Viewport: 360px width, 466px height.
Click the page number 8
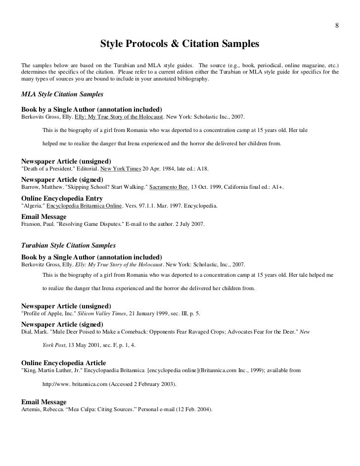pyautogui.click(x=337, y=26)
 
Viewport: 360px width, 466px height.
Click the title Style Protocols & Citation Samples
pyautogui.click(x=180, y=44)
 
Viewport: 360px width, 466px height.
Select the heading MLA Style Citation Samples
pyautogui.click(x=62, y=93)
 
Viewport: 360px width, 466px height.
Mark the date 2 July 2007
pyautogui.click(x=187, y=224)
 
